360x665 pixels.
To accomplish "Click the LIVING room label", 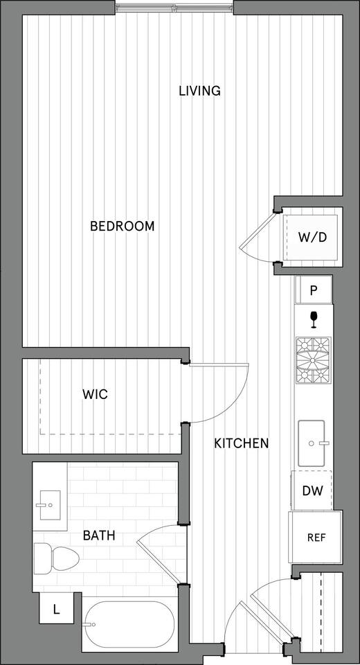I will pyautogui.click(x=199, y=91).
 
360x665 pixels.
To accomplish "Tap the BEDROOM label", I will pyautogui.click(x=123, y=227).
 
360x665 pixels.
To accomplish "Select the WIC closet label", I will pyautogui.click(x=95, y=394).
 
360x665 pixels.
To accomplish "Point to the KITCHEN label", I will pyautogui.click(x=241, y=443).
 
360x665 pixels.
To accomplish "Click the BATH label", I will pyautogui.click(x=99, y=535).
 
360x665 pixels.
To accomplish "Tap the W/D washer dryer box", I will pyautogui.click(x=312, y=237).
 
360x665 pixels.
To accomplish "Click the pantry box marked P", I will pyautogui.click(x=314, y=290).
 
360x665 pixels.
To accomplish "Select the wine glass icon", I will pyautogui.click(x=314, y=319).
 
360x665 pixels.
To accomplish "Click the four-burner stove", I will pyautogui.click(x=314, y=360).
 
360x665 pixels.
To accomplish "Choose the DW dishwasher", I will pyautogui.click(x=313, y=491).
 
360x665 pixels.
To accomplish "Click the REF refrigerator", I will pyautogui.click(x=316, y=538).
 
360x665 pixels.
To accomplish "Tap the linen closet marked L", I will pyautogui.click(x=55, y=610).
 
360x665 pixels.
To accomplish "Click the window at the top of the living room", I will pyautogui.click(x=174, y=8).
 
